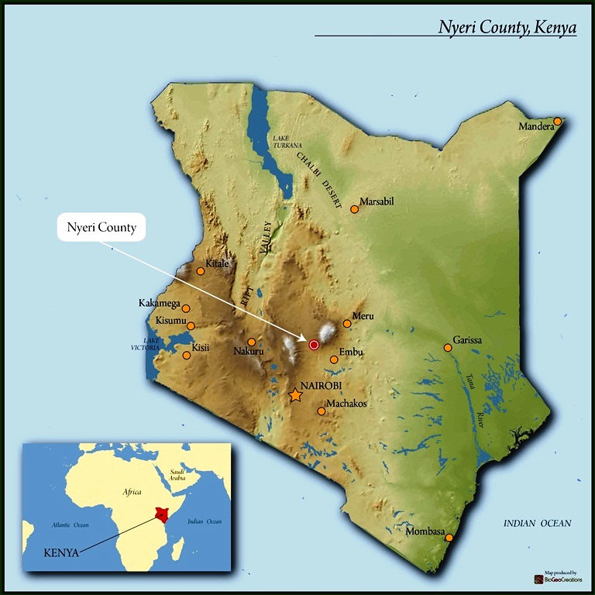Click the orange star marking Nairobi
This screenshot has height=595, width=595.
coord(295,396)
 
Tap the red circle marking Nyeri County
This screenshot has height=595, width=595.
coord(314,345)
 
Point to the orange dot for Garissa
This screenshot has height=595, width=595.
coord(448,348)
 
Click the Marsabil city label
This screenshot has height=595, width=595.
coord(377,201)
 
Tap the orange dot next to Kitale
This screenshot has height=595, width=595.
coord(201,271)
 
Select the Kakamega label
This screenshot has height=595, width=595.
coord(159,303)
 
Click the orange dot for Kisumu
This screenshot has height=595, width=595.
coord(191,326)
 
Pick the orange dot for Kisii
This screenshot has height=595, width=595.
coord(186,356)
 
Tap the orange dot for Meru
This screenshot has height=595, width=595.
coord(346,324)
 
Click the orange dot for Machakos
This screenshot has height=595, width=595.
coord(322,411)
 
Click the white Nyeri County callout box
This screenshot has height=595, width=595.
coord(101,228)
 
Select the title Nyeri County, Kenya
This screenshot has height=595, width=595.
coord(507,27)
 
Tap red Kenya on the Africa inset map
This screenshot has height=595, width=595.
coord(161,514)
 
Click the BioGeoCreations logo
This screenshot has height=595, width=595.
coord(555,578)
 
